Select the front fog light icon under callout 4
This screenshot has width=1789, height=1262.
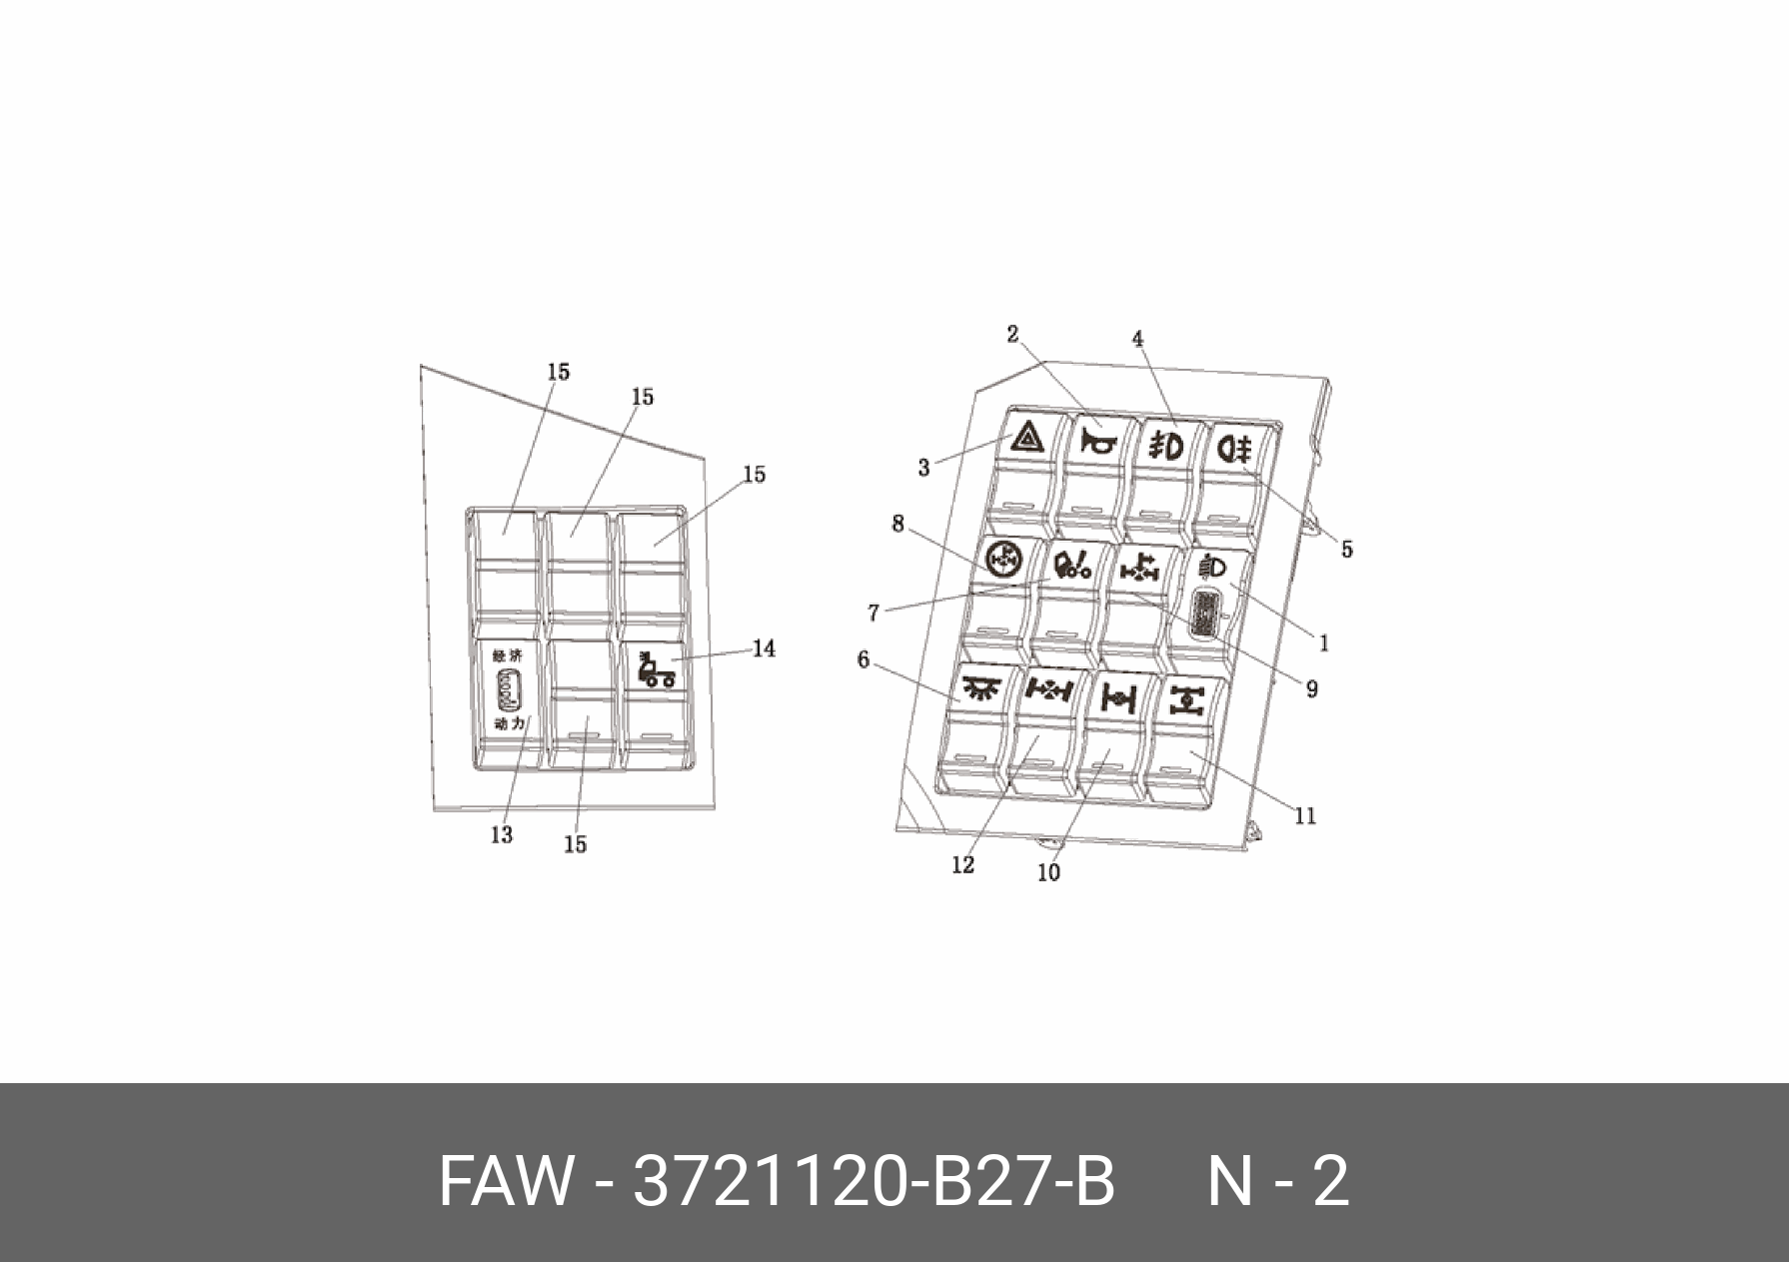tap(1165, 444)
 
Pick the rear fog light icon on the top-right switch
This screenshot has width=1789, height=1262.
tap(1235, 450)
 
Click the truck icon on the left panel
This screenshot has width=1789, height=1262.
tap(656, 670)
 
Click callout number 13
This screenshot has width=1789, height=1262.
tap(501, 834)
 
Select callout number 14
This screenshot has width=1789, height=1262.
tap(764, 648)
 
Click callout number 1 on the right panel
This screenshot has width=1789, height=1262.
tap(1324, 643)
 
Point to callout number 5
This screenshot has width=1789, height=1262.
tap(1346, 549)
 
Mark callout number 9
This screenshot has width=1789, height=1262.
tap(1311, 688)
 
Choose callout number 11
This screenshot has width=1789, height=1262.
tap(1305, 816)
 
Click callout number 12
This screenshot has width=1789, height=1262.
tap(962, 865)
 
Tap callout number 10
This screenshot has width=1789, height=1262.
tap(1048, 872)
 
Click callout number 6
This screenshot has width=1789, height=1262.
tap(864, 659)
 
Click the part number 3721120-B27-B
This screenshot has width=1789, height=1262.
tap(874, 1182)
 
